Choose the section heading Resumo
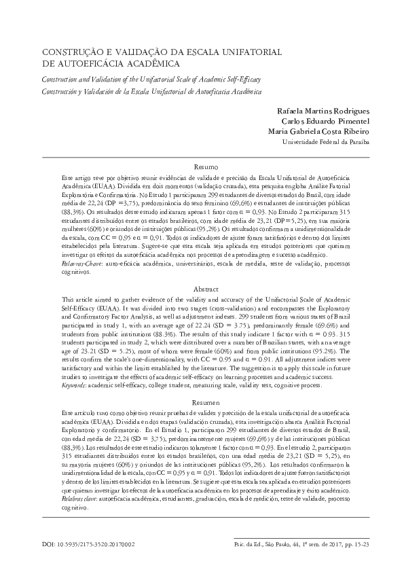pyautogui.click(x=206, y=166)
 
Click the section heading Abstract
pyautogui.click(x=206, y=288)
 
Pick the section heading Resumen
pyautogui.click(x=206, y=404)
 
